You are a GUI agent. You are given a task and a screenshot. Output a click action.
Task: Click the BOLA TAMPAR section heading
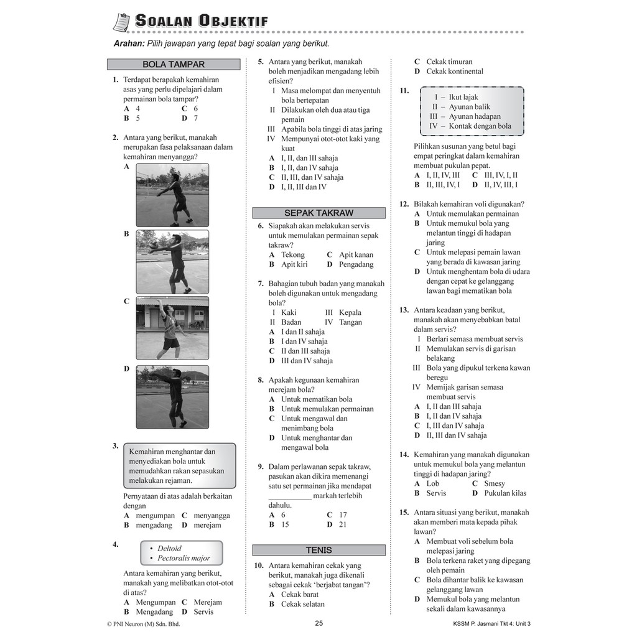pyautogui.click(x=174, y=64)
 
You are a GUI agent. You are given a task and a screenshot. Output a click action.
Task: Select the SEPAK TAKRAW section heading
pyautogui.click(x=318, y=213)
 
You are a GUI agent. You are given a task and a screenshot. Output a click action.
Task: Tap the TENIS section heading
pyautogui.click(x=318, y=550)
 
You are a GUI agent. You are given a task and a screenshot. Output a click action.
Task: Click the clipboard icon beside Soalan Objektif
pyautogui.click(x=122, y=21)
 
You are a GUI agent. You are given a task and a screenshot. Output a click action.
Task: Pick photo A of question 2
pyautogui.click(x=172, y=195)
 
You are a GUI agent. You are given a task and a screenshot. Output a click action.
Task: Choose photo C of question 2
pyautogui.click(x=172, y=328)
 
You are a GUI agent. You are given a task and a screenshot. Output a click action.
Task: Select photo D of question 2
pyautogui.click(x=172, y=397)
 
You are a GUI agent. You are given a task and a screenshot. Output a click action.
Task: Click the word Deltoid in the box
pyautogui.click(x=169, y=549)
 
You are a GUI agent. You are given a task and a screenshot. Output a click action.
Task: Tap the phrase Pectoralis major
pyautogui.click(x=184, y=558)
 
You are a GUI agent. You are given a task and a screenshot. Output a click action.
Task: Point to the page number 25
pyautogui.click(x=318, y=623)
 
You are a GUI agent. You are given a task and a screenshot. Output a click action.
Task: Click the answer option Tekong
pyautogui.click(x=293, y=254)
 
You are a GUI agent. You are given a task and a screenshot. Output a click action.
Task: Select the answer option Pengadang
pyautogui.click(x=356, y=264)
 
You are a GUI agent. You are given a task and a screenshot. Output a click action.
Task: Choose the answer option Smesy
pyautogui.click(x=495, y=483)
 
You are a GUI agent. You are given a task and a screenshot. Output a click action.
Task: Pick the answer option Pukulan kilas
pyautogui.click(x=505, y=493)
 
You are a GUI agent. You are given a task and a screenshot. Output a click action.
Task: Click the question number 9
pyautogui.click(x=261, y=467)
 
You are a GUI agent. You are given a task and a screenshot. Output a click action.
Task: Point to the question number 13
pyautogui.click(x=404, y=310)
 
